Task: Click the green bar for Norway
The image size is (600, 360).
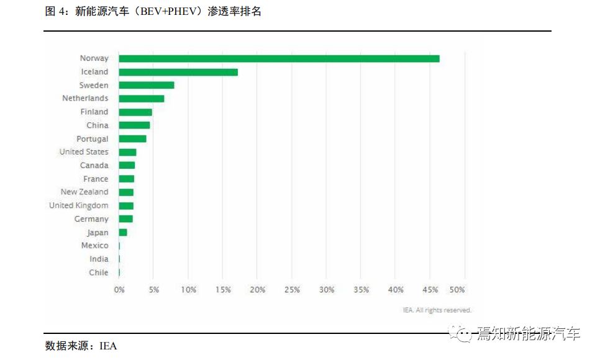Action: click(279, 58)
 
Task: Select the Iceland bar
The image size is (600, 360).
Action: click(178, 72)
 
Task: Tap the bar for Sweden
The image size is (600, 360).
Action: click(147, 85)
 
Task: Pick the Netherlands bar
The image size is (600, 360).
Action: click(142, 99)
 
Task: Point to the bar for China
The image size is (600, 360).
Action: click(134, 125)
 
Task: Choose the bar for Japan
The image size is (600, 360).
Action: click(123, 233)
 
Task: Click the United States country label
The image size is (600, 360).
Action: click(84, 152)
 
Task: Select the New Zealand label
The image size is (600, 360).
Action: click(84, 192)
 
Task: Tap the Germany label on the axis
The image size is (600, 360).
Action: click(91, 219)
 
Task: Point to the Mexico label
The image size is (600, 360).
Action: click(94, 246)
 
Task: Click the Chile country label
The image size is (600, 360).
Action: click(98, 272)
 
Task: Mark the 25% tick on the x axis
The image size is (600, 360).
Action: click(292, 290)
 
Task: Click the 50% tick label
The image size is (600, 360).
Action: click(457, 290)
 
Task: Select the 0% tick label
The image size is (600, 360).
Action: click(119, 290)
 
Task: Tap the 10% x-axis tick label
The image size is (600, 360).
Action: click(189, 290)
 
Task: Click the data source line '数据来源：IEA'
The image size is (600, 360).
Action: click(81, 346)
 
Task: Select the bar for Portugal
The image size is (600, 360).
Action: click(133, 139)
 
